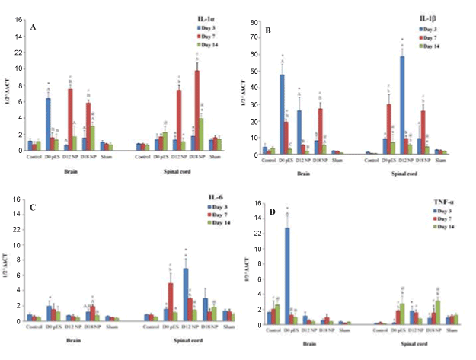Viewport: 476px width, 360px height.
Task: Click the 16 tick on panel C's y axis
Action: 18,199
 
